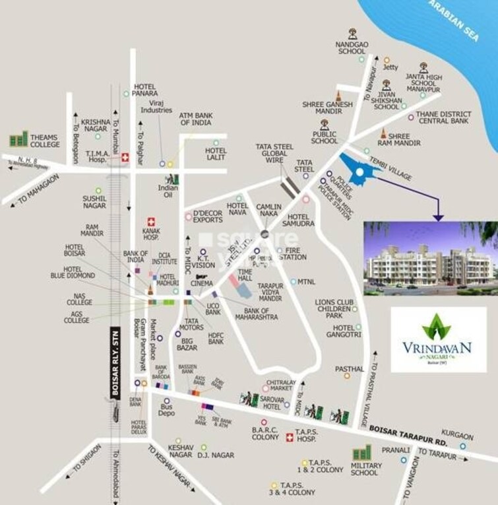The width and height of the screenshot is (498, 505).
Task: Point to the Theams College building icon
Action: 18,140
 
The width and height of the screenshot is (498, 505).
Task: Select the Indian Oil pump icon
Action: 172,179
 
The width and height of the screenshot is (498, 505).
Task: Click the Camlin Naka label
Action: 269,211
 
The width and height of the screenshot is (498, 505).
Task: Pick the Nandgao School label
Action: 352,47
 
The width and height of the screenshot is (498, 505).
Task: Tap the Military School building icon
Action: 361,454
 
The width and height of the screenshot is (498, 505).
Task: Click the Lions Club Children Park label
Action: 338,308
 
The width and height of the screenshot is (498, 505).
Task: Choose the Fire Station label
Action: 292,254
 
